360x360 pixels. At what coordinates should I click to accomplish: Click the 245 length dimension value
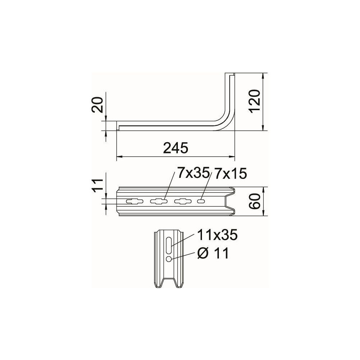(176, 148)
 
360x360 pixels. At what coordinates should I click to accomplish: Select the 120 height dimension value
(255, 101)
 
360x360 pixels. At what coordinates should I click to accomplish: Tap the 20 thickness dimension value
(96, 105)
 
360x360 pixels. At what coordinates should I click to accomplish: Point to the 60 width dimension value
(255, 201)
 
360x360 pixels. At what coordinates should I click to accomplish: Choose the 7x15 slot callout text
(230, 173)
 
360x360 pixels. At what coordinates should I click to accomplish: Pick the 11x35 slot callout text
(217, 235)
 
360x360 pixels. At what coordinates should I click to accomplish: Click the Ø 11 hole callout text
(213, 253)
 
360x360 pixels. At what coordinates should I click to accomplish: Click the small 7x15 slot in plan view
(201, 201)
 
